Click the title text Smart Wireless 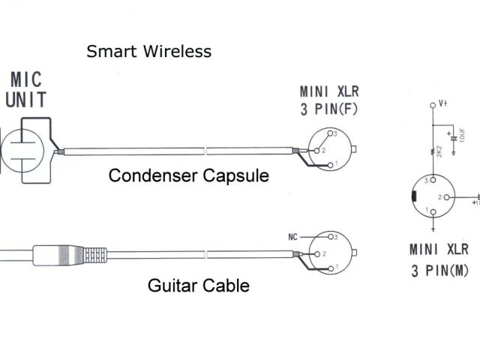click(148, 51)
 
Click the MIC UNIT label click(26, 89)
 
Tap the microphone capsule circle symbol click(20, 147)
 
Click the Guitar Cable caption click(199, 285)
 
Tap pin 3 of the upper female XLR click(328, 133)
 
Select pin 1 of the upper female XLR click(328, 163)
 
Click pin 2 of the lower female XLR click(319, 253)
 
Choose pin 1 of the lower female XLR click(328, 268)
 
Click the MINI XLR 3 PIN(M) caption click(439, 259)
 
